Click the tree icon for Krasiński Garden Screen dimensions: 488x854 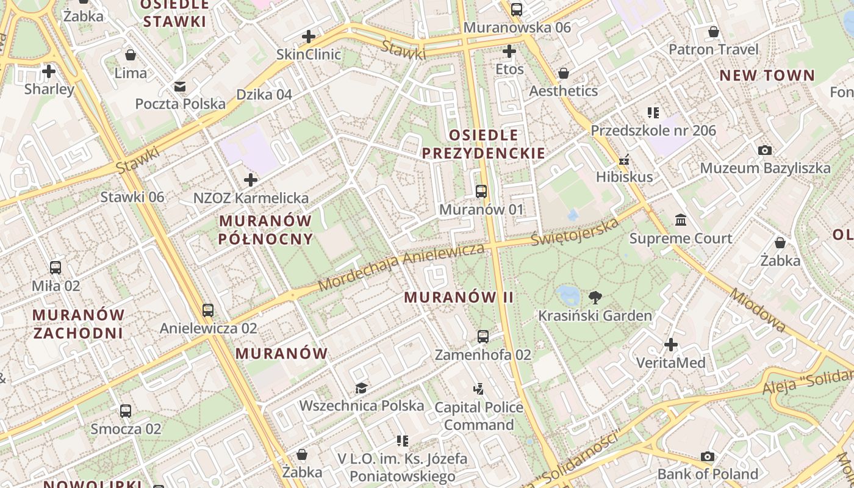click(x=595, y=298)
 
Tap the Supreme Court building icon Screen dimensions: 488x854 click(x=680, y=220)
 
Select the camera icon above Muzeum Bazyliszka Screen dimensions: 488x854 click(x=764, y=150)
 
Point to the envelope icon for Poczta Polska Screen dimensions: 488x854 click(x=180, y=87)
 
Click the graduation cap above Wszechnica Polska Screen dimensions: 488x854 click(x=361, y=388)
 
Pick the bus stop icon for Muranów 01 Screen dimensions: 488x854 click(x=481, y=192)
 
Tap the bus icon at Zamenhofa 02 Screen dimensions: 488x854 click(x=483, y=336)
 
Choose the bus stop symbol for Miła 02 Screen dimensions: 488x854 click(x=56, y=268)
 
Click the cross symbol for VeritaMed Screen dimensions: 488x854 click(x=671, y=345)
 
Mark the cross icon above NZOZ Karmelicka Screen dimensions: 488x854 click(x=250, y=180)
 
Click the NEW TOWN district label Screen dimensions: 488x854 click(x=767, y=76)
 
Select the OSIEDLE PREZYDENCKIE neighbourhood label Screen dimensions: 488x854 click(x=484, y=144)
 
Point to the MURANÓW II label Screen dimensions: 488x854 click(x=459, y=298)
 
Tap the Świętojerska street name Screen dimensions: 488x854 click(x=575, y=232)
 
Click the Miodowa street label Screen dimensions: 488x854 click(x=758, y=310)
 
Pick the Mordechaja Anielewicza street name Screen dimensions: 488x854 click(x=401, y=267)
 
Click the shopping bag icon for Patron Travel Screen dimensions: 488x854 click(x=714, y=32)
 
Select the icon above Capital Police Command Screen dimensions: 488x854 click(x=478, y=389)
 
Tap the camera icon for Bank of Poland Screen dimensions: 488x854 click(x=707, y=456)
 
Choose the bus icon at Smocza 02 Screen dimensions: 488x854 click(x=126, y=411)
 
